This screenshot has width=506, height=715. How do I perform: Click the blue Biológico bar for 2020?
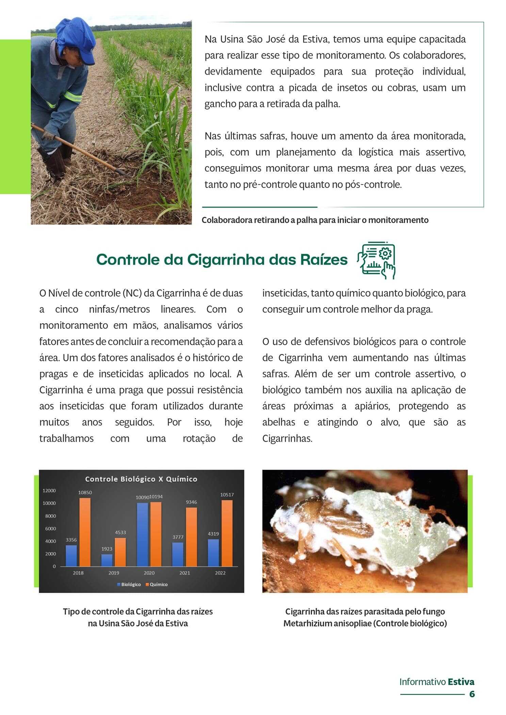(x=142, y=534)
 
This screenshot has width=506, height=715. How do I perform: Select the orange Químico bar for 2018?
(x=85, y=532)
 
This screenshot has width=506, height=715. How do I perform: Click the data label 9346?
(x=191, y=502)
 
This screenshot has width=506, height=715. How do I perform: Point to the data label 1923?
(x=107, y=548)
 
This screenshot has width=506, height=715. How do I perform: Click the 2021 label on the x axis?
(x=184, y=573)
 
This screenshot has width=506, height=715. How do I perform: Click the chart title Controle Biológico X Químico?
(x=141, y=479)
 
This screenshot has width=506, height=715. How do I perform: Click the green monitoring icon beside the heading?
(x=376, y=260)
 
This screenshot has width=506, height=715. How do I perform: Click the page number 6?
(x=472, y=694)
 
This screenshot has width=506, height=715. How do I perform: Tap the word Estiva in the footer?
(x=461, y=682)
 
